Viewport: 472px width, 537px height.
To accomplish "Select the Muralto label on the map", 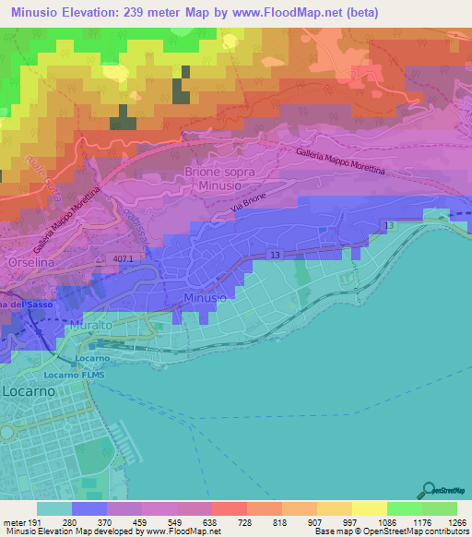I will point(88,327).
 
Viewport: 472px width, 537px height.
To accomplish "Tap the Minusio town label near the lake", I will point(204,299).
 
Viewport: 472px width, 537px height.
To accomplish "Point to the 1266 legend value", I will point(453,521).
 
